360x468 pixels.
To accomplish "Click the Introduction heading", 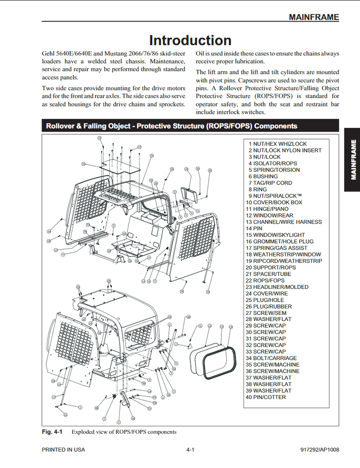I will tap(190, 40).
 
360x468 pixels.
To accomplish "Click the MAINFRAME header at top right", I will tap(313, 17).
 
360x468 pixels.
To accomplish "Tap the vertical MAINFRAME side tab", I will tap(353, 159).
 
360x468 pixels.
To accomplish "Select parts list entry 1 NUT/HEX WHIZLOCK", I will tap(278, 144).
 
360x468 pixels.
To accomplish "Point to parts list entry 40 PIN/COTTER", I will tap(266, 398).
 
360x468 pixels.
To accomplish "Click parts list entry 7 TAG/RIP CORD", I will tap(270, 183).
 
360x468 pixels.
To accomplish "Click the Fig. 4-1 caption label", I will tap(52, 432).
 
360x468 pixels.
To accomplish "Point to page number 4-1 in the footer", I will tap(191, 450).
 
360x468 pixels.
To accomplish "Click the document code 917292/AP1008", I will tap(317, 450).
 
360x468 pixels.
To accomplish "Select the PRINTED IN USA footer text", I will tap(64, 450).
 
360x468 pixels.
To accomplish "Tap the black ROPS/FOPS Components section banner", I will tap(190, 126).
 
